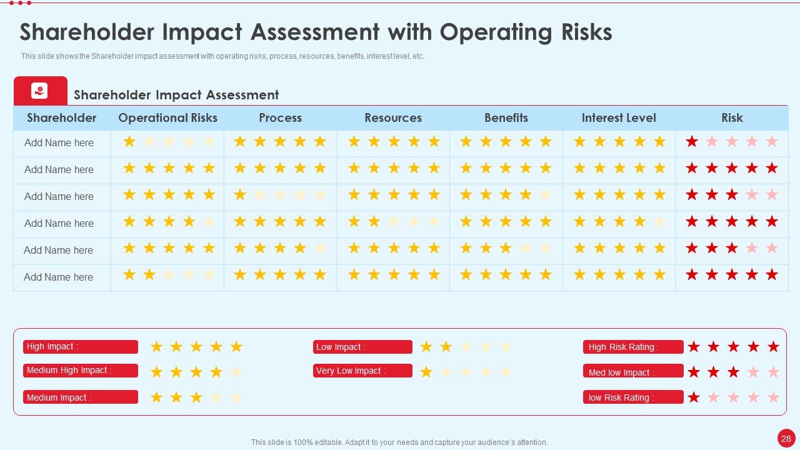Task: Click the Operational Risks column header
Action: coord(167,118)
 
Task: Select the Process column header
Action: coord(281,118)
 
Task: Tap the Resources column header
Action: coord(393,118)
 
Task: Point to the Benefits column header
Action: coord(506,118)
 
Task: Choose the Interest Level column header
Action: coord(619,118)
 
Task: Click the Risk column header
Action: coord(732,118)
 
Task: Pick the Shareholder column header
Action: coord(62,118)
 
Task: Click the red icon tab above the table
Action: coord(41,91)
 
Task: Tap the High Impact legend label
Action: coord(81,347)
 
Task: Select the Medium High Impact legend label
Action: coord(81,371)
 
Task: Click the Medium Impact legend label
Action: coord(81,397)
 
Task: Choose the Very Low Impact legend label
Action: coord(362,371)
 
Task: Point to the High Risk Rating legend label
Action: coord(633,347)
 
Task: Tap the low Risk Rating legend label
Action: coord(633,397)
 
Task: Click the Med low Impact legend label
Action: coord(633,371)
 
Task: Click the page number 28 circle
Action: coord(786,438)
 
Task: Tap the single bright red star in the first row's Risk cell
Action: coord(692,141)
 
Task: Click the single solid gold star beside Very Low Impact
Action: coord(426,372)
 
